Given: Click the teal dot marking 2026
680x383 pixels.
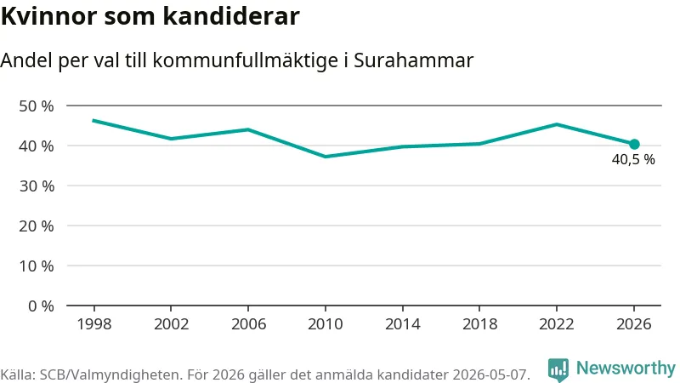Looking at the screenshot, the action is pyautogui.click(x=634, y=144).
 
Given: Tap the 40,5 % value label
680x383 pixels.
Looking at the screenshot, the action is pyautogui.click(x=633, y=159).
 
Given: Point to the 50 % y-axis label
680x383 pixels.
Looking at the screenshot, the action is pyautogui.click(x=37, y=106).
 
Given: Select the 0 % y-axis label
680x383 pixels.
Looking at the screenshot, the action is pyautogui.click(x=41, y=306).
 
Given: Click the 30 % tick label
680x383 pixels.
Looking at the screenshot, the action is pyautogui.click(x=37, y=186).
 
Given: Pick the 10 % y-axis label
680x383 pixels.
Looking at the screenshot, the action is pyautogui.click(x=37, y=266).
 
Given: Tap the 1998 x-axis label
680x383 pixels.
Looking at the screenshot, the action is pyautogui.click(x=94, y=324).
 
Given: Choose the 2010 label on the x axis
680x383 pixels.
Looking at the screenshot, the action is pyautogui.click(x=326, y=324).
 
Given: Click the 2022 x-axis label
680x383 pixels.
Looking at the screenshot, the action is pyautogui.click(x=557, y=324).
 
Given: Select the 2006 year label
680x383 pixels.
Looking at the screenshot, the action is pyautogui.click(x=248, y=324).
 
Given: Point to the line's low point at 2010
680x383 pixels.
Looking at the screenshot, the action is pyautogui.click(x=326, y=157).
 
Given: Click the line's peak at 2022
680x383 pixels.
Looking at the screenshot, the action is pyautogui.click(x=557, y=124).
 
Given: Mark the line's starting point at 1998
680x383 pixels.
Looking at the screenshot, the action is pyautogui.click(x=94, y=120).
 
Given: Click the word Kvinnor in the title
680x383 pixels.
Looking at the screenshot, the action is pyautogui.click(x=48, y=16).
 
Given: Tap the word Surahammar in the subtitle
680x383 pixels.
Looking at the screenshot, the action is pyautogui.click(x=413, y=60).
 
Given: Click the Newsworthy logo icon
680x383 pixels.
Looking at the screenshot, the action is pyautogui.click(x=558, y=370).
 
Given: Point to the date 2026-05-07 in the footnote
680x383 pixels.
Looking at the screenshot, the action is pyautogui.click(x=490, y=374).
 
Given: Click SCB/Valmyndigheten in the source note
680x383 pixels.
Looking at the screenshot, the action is pyautogui.click(x=110, y=374).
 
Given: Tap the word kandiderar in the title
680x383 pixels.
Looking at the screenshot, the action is pyautogui.click(x=231, y=16).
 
